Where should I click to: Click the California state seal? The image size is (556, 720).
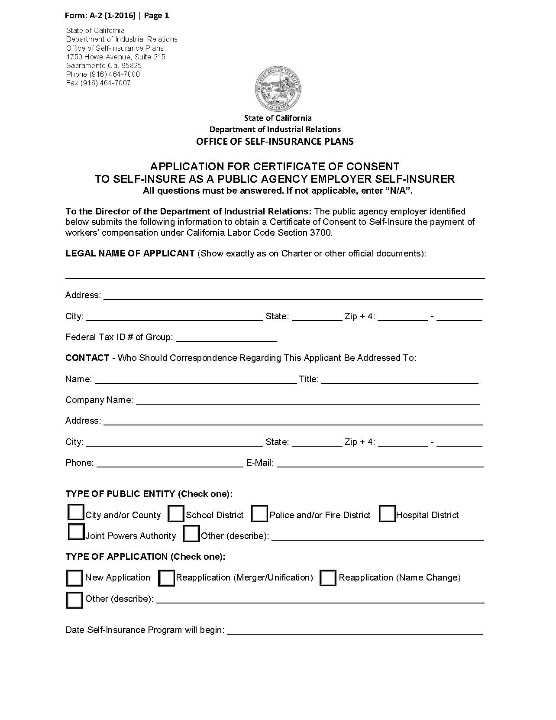click(278, 89)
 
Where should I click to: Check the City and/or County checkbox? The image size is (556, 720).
click(76, 512)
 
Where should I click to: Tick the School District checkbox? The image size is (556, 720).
click(176, 514)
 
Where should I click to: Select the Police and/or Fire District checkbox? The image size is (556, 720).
click(259, 514)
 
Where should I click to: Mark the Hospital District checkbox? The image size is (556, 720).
click(387, 514)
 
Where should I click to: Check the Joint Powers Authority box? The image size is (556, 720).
click(76, 532)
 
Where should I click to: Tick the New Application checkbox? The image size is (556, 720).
click(74, 578)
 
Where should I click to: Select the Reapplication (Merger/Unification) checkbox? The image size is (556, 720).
click(166, 578)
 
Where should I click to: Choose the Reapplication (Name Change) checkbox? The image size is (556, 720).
click(328, 578)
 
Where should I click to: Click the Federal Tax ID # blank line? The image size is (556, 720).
click(226, 338)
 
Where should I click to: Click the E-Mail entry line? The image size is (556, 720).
click(380, 464)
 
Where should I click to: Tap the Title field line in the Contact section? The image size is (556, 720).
click(399, 380)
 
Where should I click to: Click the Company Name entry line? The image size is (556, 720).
click(307, 401)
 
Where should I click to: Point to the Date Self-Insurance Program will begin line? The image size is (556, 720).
click(355, 631)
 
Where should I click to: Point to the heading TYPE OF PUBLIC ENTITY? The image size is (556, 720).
click(120, 494)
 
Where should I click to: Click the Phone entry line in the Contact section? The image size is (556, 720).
click(170, 464)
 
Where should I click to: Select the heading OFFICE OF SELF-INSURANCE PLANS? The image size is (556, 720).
click(275, 142)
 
